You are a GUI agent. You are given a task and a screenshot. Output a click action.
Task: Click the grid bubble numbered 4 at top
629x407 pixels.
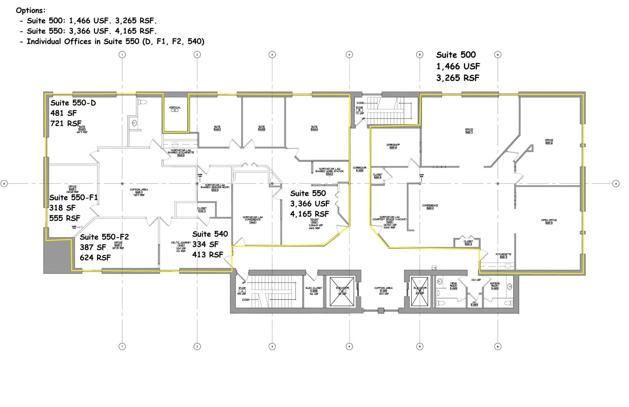[x=349, y=55]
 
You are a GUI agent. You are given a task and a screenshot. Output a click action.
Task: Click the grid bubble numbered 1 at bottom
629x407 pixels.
[x=122, y=346]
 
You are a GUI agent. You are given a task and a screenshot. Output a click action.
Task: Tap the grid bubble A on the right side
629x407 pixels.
[x=616, y=184]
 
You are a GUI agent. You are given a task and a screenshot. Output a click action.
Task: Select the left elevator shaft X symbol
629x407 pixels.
[x=342, y=292]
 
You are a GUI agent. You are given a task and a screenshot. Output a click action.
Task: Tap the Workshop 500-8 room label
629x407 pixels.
[x=393, y=146]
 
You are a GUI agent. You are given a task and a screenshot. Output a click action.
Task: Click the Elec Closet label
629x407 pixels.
[x=314, y=289]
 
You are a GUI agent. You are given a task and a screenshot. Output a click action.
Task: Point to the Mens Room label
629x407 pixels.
[x=453, y=286]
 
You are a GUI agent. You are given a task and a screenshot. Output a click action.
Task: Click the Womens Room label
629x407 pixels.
[x=494, y=286]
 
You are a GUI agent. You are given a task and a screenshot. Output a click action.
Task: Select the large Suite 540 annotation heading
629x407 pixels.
[x=210, y=234]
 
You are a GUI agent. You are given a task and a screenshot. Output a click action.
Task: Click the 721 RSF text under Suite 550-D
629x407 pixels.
[x=66, y=123]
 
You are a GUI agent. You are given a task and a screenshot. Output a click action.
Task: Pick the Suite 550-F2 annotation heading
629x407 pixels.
[x=104, y=237]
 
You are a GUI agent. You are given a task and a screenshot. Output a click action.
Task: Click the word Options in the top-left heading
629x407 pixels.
[x=30, y=10]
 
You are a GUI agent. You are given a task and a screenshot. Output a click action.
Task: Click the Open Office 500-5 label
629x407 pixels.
[x=549, y=221]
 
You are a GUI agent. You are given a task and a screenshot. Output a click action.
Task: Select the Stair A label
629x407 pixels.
[x=242, y=289]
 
